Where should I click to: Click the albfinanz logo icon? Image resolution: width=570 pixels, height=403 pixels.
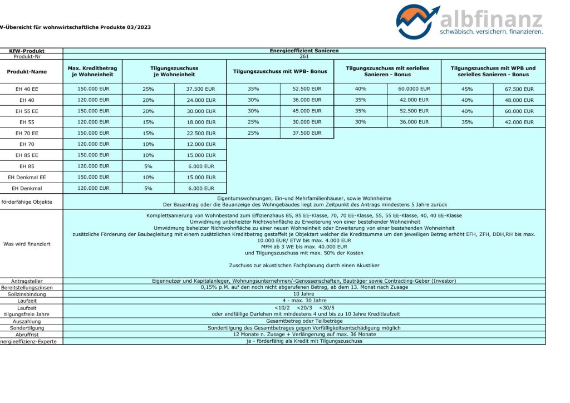[x=417, y=21]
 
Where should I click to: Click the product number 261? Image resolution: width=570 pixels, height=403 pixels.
[x=304, y=56]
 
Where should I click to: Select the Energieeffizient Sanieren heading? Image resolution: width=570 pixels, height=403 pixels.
[x=304, y=51]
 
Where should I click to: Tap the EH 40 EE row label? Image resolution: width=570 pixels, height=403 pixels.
[x=27, y=89]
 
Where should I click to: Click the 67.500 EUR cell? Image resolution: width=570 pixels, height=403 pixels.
[x=519, y=89]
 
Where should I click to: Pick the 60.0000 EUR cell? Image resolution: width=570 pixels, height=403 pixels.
[x=414, y=89]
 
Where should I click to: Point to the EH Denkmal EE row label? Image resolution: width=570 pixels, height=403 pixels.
[x=27, y=177]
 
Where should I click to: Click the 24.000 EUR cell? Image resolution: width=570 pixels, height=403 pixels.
[x=201, y=100]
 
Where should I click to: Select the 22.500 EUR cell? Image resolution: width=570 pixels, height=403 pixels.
[x=201, y=133]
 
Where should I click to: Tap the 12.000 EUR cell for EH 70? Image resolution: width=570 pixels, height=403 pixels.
[x=201, y=144]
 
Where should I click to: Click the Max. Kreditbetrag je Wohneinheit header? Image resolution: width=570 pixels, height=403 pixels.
[x=92, y=71]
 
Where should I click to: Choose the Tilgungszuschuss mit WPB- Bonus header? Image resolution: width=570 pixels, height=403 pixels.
[x=280, y=71]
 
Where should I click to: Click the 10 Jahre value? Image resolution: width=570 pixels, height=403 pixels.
[x=304, y=293]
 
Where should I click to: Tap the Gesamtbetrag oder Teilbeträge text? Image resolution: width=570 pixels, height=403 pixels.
[x=304, y=321]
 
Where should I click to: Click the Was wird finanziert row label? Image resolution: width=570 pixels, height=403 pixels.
[x=27, y=244]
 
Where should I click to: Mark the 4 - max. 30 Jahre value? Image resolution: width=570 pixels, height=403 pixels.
[x=304, y=300]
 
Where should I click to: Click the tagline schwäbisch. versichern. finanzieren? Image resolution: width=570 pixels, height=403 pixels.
[x=491, y=32]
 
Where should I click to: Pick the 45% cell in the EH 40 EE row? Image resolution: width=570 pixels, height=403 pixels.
[x=467, y=89]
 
